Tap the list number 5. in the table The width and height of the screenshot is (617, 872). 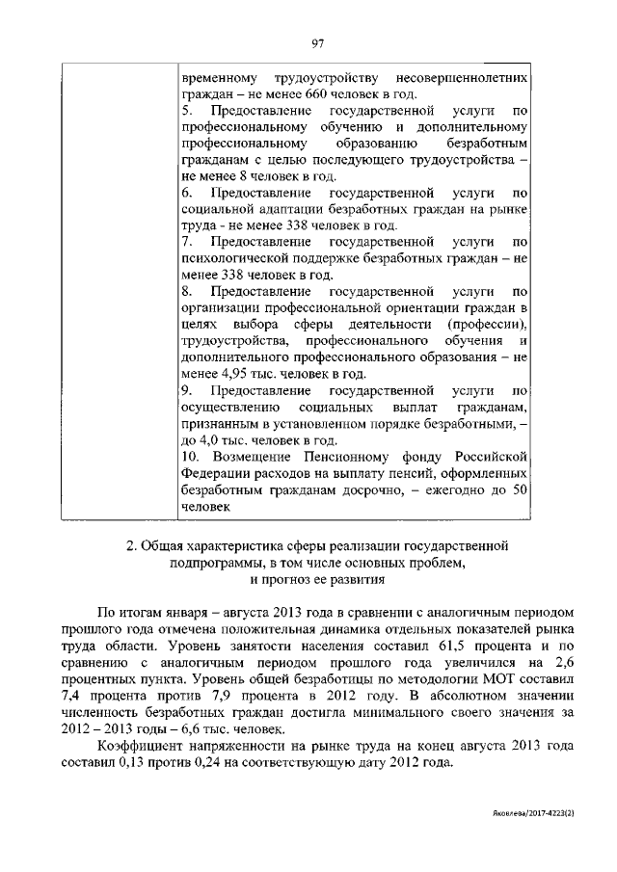[186, 110]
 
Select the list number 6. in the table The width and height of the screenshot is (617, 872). [186, 192]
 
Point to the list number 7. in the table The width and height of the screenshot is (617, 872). [186, 241]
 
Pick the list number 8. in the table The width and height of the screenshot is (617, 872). [186, 290]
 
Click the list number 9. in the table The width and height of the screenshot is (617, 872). [186, 390]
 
